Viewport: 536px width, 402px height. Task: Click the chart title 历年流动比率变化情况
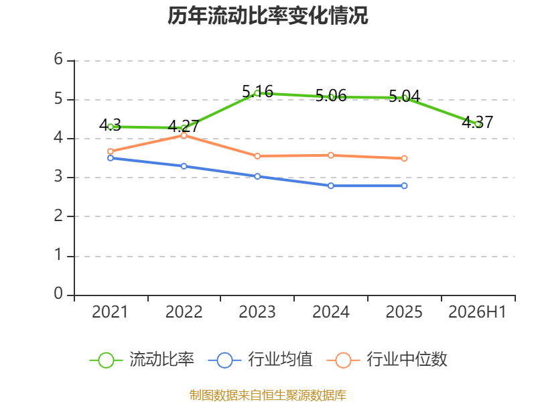coord(267,15)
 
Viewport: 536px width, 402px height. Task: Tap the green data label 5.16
coord(257,91)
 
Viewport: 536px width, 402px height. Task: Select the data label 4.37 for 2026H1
coord(478,122)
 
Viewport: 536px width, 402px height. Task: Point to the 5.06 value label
coord(331,95)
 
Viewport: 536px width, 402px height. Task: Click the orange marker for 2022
coord(184,135)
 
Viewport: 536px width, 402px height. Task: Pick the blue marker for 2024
coord(331,186)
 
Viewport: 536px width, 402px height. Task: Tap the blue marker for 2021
coord(111,158)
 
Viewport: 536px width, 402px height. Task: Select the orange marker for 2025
coord(405,158)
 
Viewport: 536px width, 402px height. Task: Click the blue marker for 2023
coord(257,176)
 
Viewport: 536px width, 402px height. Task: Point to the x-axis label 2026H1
coord(477,312)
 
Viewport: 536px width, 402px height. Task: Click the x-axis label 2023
coord(257,312)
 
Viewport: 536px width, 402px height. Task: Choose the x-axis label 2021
coord(110,312)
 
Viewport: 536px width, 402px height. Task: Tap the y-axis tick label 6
coord(58,59)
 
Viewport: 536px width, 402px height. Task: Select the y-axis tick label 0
coord(58,293)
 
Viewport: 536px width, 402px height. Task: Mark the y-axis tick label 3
coord(58,176)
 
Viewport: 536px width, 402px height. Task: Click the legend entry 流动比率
coord(142,360)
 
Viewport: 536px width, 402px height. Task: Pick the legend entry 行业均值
coord(260,360)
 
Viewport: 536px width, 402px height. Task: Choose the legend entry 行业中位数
coord(387,360)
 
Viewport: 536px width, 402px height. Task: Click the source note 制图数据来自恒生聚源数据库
coord(268,395)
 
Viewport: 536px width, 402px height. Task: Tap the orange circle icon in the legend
coord(343,360)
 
